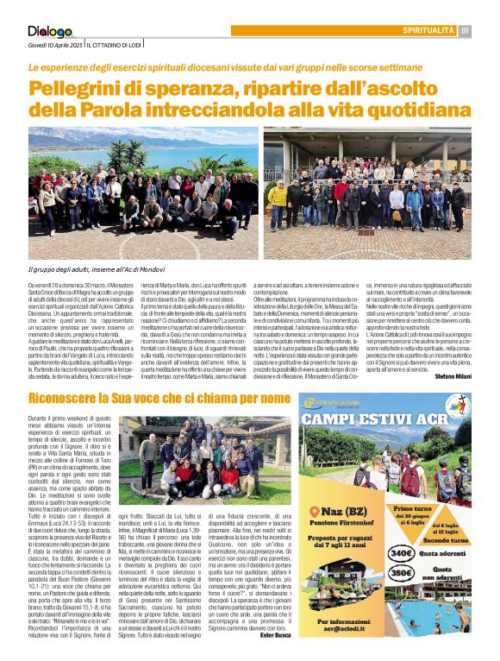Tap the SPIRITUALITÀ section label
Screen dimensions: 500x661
[428, 31]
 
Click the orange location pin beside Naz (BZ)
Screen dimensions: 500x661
[313, 511]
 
